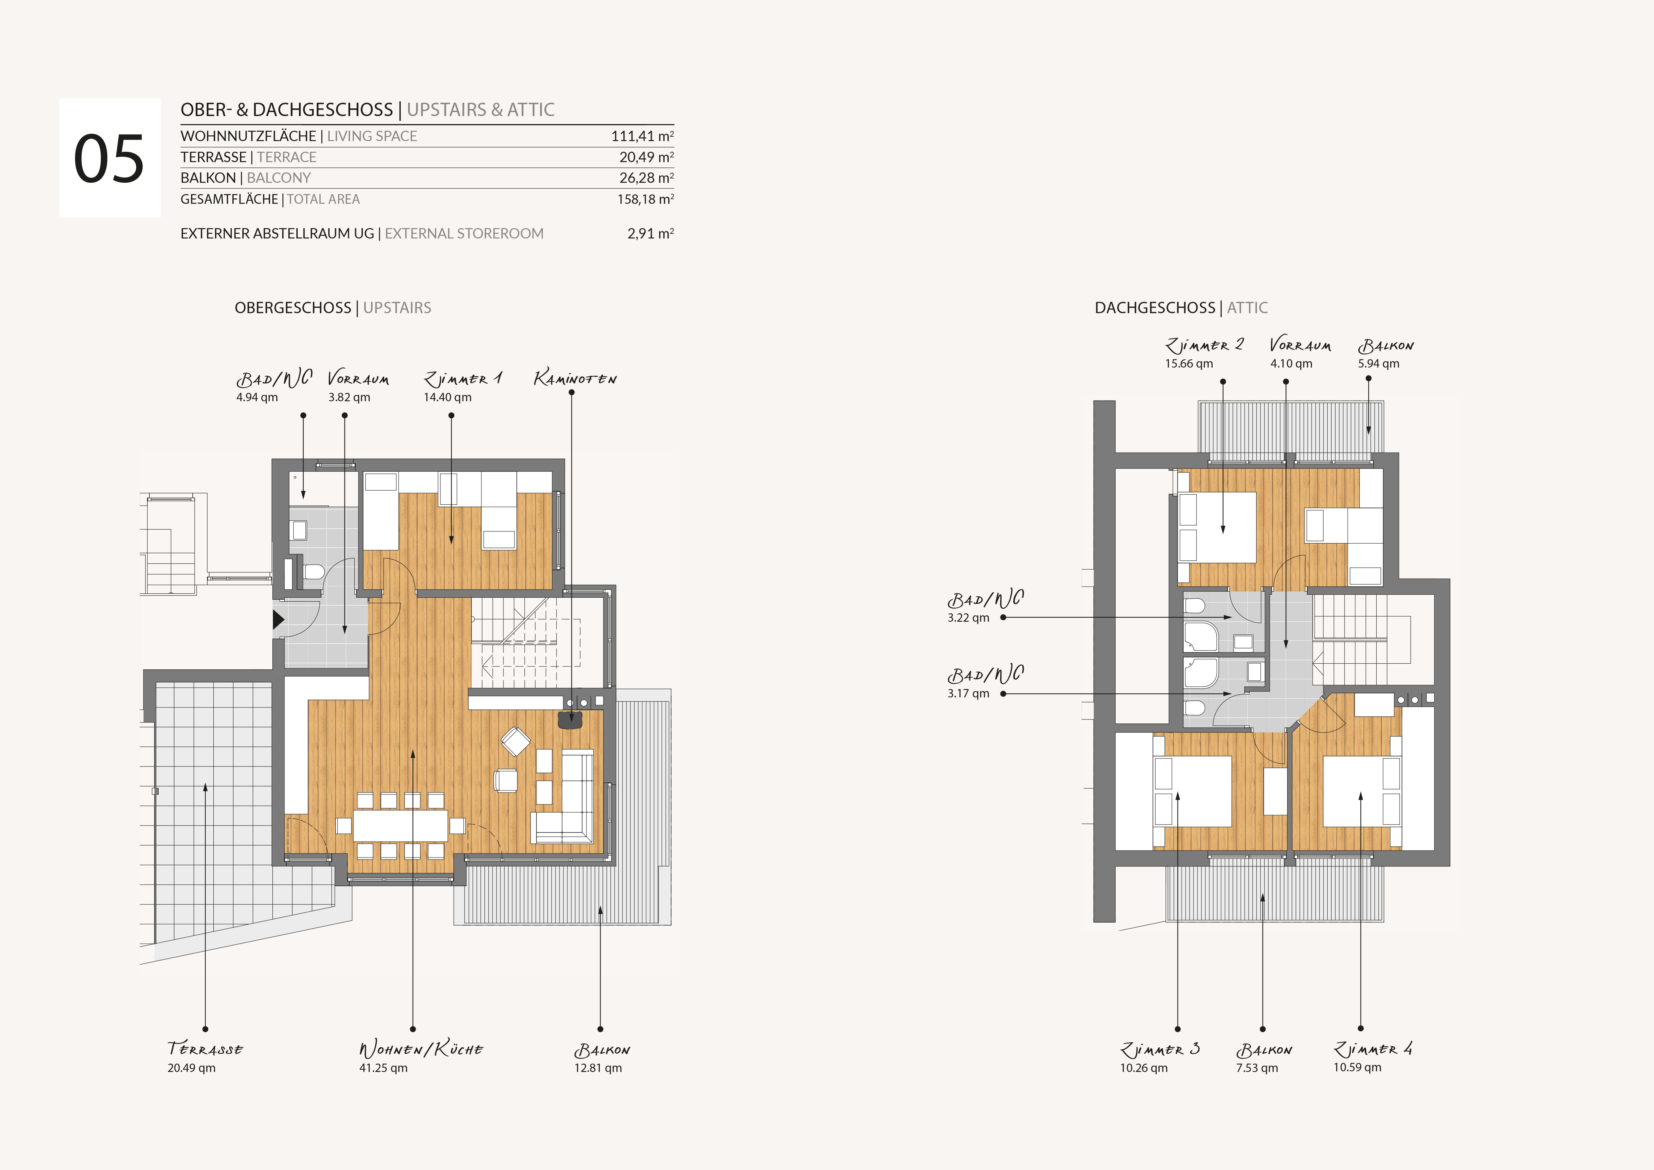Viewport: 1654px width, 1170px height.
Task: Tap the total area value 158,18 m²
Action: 645,199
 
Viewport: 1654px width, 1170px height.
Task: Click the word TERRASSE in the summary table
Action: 213,157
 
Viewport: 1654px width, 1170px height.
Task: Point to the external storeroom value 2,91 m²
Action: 650,233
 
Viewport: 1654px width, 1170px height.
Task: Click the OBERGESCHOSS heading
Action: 292,308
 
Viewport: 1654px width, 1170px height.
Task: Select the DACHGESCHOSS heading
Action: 1155,308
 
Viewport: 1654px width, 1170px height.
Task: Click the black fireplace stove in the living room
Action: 570,720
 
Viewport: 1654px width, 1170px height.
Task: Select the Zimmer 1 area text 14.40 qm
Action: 447,397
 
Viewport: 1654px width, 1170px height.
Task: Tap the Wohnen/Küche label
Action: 421,1049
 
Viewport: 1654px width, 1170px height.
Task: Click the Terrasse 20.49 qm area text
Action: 192,1068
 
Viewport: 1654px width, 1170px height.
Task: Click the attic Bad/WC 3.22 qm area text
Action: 968,617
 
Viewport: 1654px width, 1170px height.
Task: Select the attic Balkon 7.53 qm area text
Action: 1257,1068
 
